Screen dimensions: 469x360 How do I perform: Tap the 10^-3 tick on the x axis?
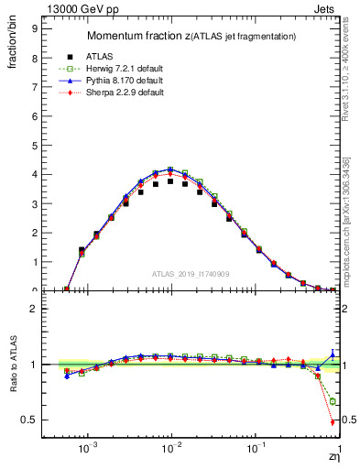(88, 451)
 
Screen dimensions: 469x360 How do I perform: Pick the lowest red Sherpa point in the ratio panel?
(332, 422)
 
